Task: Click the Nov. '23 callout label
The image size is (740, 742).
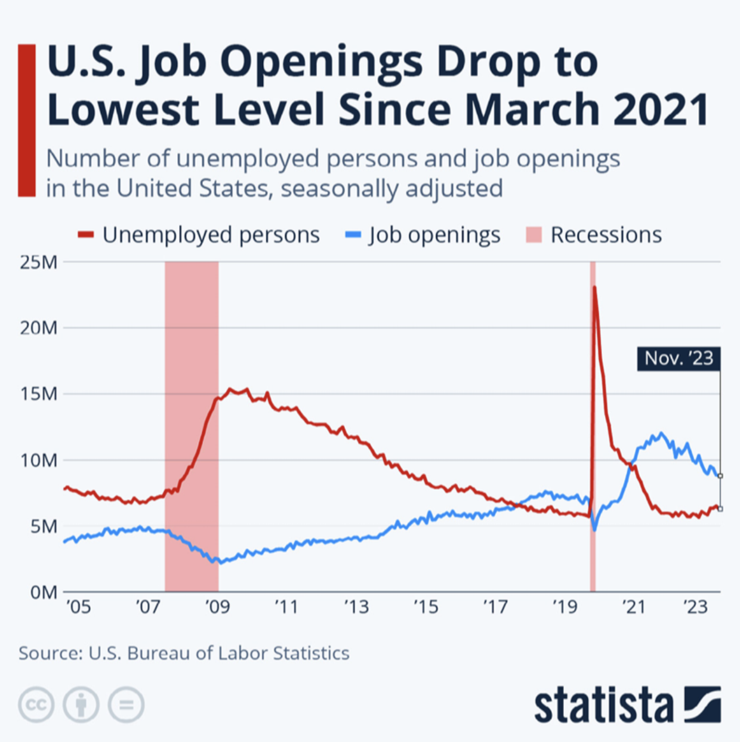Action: tap(679, 358)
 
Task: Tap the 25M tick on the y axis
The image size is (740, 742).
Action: tap(39, 262)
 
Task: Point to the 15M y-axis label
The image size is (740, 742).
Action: tap(39, 394)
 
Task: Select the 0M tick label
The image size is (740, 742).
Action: tap(43, 593)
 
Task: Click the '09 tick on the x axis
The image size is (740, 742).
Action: tap(217, 607)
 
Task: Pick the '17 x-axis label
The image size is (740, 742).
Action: tap(495, 607)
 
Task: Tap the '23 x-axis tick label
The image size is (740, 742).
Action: tap(695, 607)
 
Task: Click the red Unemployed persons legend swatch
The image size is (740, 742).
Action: tap(86, 235)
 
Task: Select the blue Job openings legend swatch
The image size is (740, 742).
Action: tap(353, 235)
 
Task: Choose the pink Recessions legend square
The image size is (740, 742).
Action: tap(534, 235)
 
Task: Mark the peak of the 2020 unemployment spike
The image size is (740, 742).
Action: tap(594, 287)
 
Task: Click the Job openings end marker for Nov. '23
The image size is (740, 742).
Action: tap(720, 476)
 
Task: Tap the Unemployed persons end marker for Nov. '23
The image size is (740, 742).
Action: tap(720, 509)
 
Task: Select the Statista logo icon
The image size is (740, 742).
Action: tap(702, 704)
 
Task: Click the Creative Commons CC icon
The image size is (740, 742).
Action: tap(36, 704)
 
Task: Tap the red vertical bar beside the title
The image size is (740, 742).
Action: tap(27, 120)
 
